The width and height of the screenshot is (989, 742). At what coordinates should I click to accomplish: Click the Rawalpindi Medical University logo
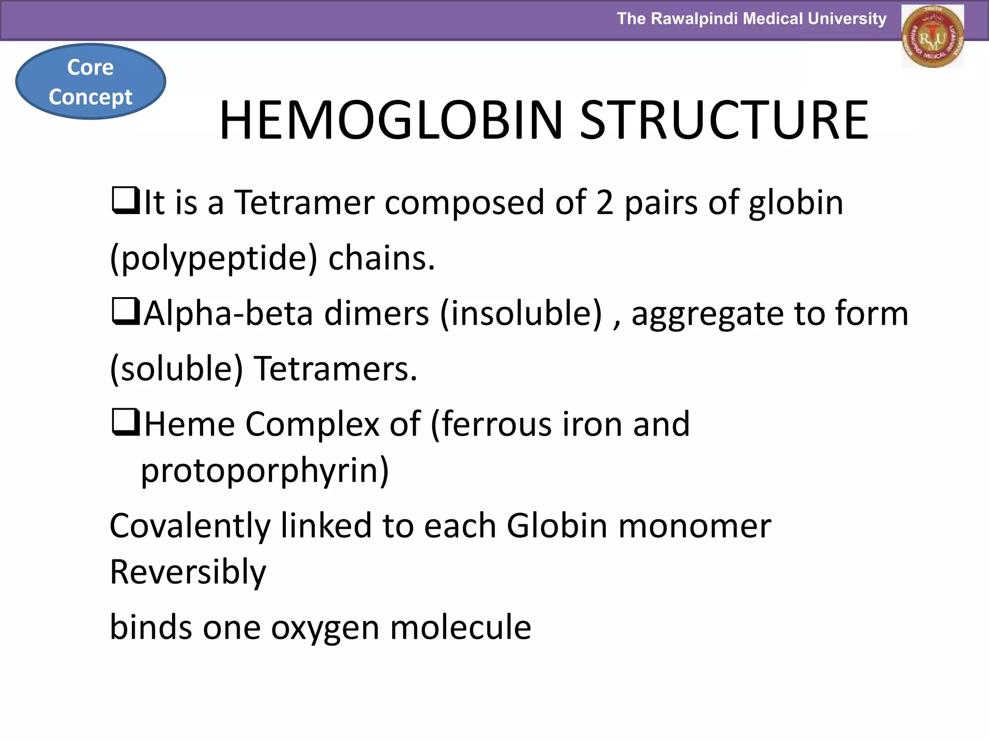pos(932,37)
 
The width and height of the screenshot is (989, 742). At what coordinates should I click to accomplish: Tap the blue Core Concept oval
pos(91,82)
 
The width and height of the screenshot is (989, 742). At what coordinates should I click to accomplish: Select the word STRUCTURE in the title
pos(724,120)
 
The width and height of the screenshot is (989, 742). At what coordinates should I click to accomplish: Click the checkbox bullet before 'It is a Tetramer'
pos(125,201)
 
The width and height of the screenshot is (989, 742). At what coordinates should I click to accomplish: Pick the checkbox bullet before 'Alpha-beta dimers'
pos(125,312)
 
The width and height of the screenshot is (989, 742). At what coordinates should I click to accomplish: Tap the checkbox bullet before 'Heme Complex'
pos(125,423)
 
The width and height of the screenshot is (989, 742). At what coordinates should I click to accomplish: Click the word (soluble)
pos(176,369)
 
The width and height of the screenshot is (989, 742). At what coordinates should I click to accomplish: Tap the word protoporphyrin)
pos(265,471)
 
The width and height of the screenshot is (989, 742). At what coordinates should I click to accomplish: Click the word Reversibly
pos(188,572)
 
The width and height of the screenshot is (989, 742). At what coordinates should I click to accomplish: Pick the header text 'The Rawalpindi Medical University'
pos(751,19)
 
